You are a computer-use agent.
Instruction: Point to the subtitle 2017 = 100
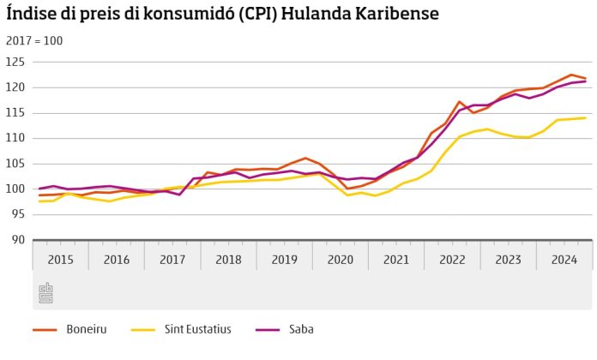pyautogui.click(x=34, y=41)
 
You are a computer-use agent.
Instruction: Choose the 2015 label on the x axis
pyautogui.click(x=60, y=259)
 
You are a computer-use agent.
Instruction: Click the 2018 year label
pyautogui.click(x=228, y=259)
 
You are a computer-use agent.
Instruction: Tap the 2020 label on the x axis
pyautogui.click(x=340, y=259)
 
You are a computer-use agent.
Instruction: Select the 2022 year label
pyautogui.click(x=452, y=259)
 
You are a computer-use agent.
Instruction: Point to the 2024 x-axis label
pyautogui.click(x=564, y=259)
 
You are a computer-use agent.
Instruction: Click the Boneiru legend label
pyautogui.click(x=85, y=329)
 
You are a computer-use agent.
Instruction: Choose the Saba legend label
pyautogui.click(x=300, y=329)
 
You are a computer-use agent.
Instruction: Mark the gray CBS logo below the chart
pyautogui.click(x=46, y=293)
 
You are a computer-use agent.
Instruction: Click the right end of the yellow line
pyautogui.click(x=585, y=118)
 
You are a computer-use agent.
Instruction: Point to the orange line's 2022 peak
pyautogui.click(x=460, y=102)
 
